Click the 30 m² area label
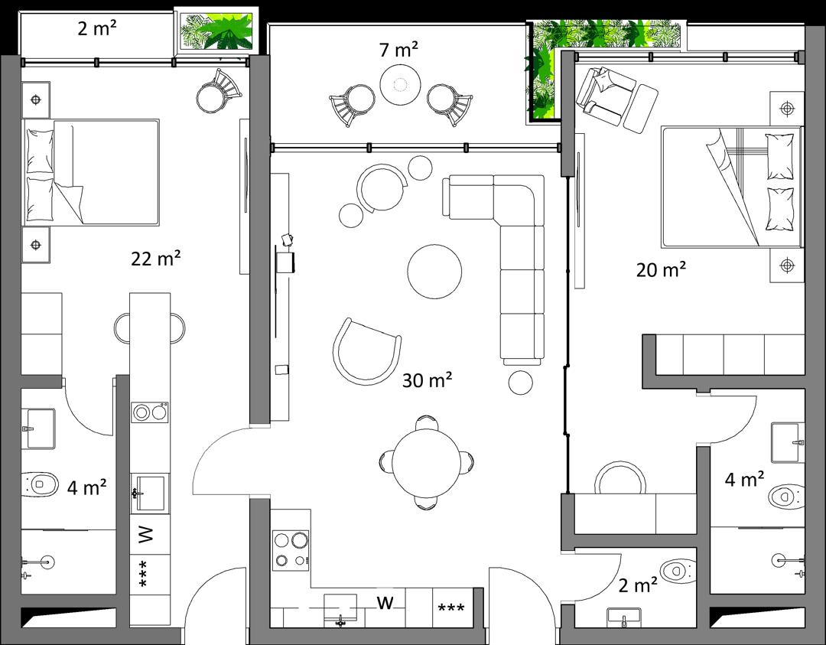point(427,380)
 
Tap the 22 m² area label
point(156,258)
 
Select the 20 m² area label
point(661,269)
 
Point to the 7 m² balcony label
point(398,50)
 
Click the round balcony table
point(400,84)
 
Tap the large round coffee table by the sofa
point(434,272)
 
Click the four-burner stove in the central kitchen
point(291,550)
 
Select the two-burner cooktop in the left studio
point(150,412)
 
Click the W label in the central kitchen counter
point(385,602)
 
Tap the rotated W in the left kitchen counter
point(145,534)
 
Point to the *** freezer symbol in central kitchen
point(451,608)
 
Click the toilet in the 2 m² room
point(678,570)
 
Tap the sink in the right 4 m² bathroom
point(788,442)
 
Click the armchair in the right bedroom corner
point(606,96)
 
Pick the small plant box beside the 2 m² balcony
point(216,31)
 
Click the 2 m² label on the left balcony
point(97,28)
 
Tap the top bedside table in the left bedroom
point(36,99)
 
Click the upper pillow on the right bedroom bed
point(779,157)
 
